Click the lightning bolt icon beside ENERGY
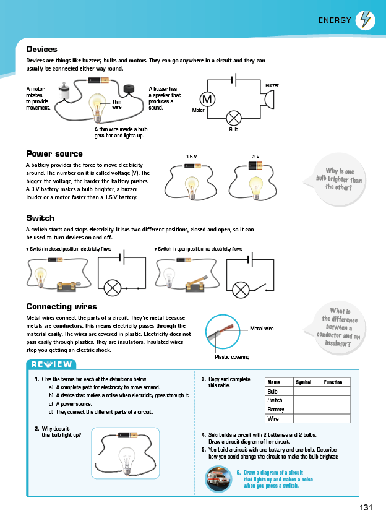pos(366,20)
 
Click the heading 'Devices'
pos(41,49)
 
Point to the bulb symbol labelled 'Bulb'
pos(234,118)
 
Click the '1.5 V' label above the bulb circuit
pos(191,157)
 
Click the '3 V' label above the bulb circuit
pos(255,157)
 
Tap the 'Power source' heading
pos(54,153)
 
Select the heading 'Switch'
pos(40,218)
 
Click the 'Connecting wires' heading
pos(61,306)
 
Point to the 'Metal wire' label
pos(262,329)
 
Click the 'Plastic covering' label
pos(232,357)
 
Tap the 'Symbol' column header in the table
pos(304,382)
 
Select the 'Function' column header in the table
pos(333,382)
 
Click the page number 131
pos(366,507)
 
